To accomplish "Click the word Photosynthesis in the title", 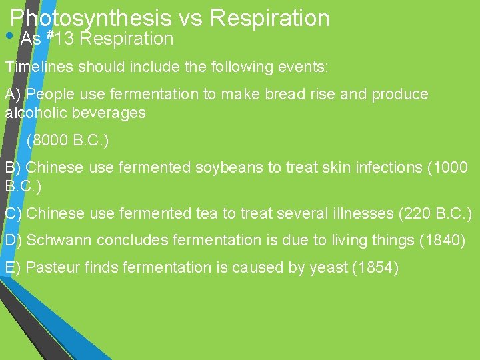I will (x=90, y=19).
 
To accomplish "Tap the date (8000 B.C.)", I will (x=68, y=141).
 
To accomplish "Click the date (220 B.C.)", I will (x=435, y=214).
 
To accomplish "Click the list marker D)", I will (x=13, y=240).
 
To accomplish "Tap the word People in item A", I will (x=49, y=95).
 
